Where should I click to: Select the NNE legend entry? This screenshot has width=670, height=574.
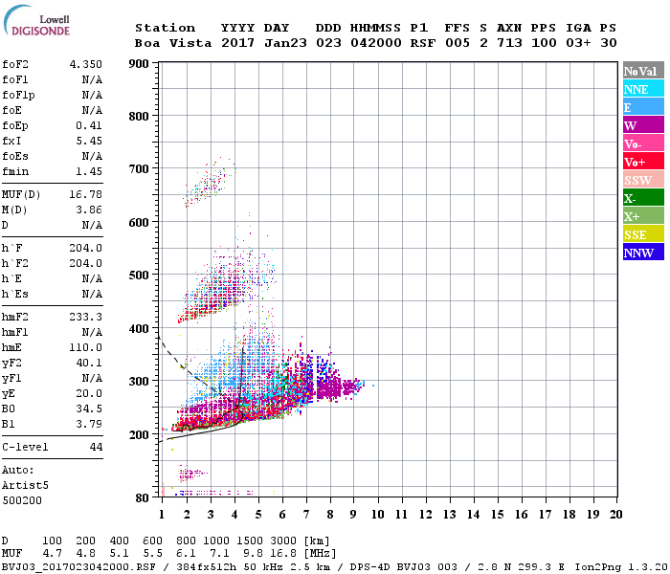pyautogui.click(x=642, y=89)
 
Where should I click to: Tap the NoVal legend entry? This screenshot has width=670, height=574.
pyautogui.click(x=642, y=71)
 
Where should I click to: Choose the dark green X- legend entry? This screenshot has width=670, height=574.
pyautogui.click(x=642, y=198)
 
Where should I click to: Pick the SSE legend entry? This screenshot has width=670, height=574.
pyautogui.click(x=642, y=234)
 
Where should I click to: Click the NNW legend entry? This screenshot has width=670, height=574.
pyautogui.click(x=642, y=253)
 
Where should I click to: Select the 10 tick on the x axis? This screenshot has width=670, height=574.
pyautogui.click(x=377, y=515)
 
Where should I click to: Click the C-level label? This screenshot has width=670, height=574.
pyautogui.click(x=25, y=447)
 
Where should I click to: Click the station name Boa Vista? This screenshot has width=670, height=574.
pyautogui.click(x=165, y=43)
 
